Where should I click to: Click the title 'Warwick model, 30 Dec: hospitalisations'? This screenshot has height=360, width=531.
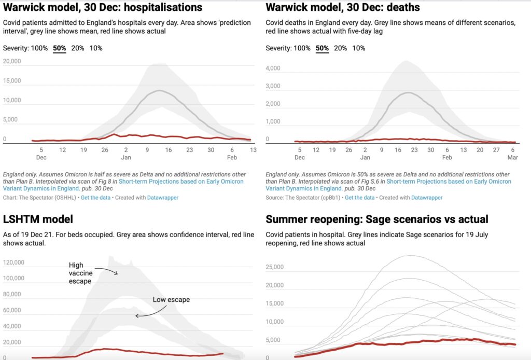[x=103, y=8]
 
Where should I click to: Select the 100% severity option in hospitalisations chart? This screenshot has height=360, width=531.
[x=39, y=48]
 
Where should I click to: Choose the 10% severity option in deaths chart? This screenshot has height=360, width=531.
[x=358, y=48]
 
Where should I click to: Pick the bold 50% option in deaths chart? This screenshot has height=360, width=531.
[x=322, y=48]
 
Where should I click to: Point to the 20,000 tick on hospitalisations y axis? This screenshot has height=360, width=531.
[x=12, y=61]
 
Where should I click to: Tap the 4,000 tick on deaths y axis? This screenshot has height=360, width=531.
[x=273, y=68]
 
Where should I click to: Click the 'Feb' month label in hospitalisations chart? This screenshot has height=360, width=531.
[x=232, y=157]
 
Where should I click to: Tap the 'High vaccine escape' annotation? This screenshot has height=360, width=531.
[x=80, y=273]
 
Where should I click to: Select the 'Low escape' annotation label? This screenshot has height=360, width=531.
[x=171, y=300]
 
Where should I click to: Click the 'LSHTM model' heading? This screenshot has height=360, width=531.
[x=38, y=219]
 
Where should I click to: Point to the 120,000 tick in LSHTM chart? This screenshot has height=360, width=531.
[x=14, y=262]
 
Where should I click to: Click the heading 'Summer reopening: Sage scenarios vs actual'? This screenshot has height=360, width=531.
[x=377, y=219]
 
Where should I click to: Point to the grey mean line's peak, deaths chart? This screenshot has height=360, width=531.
[x=410, y=93]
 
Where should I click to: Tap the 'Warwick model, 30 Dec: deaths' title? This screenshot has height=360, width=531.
[x=343, y=8]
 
